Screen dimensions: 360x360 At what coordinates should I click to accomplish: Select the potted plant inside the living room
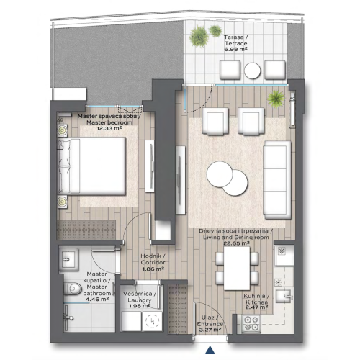(274, 98)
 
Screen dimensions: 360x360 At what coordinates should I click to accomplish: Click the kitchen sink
(285, 295)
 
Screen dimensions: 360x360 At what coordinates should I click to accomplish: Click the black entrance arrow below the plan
(210, 351)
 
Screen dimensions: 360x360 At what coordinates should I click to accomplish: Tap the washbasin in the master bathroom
(71, 258)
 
